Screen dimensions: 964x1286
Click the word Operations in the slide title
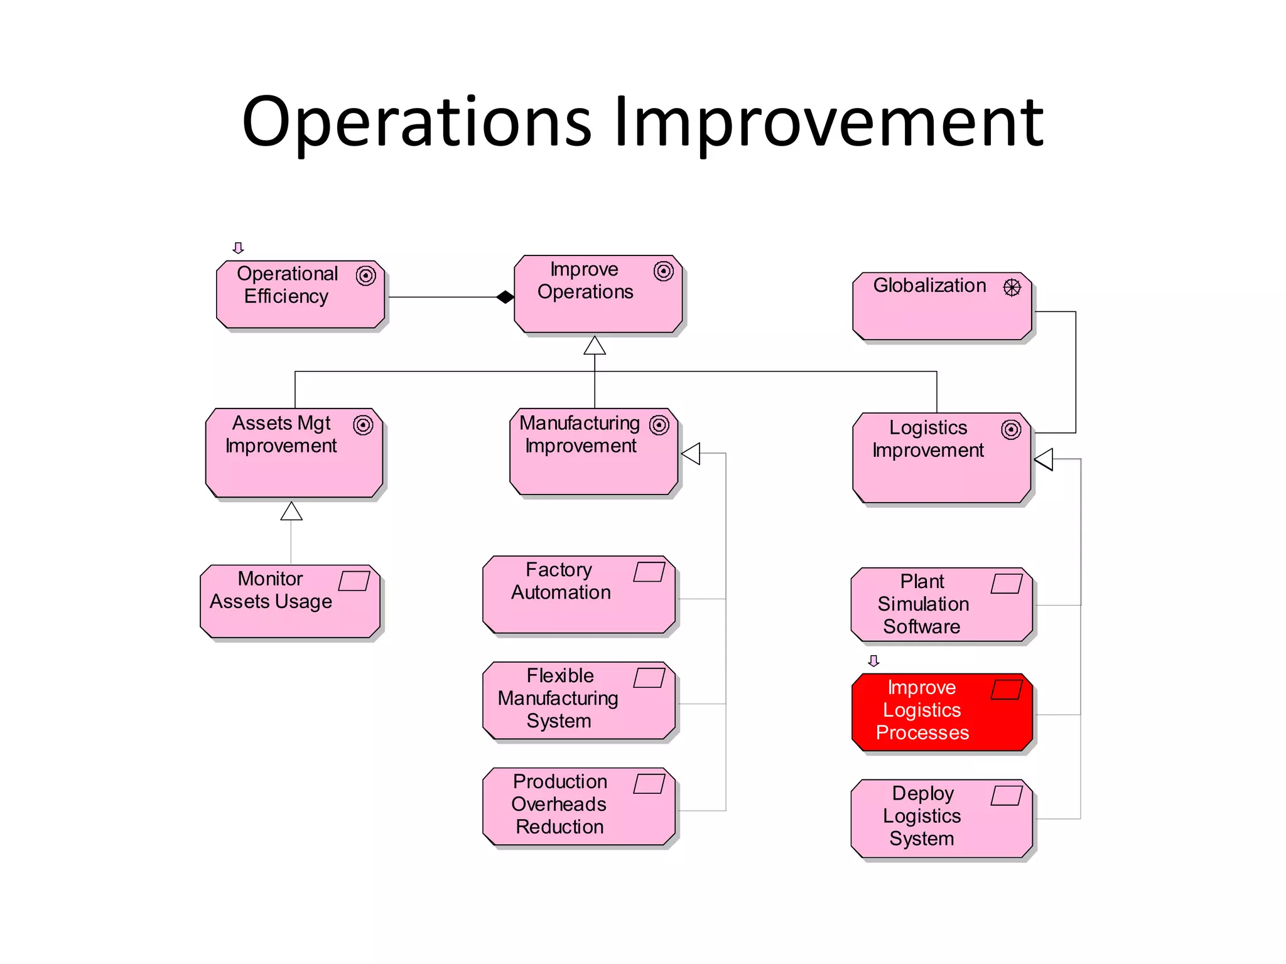[417, 122]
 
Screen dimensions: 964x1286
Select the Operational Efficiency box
[300, 294]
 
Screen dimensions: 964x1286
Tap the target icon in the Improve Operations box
[663, 271]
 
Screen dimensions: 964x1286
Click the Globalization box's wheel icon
[1012, 287]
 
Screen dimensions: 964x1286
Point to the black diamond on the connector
[505, 297]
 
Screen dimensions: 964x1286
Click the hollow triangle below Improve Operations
[594, 346]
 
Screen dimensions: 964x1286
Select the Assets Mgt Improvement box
[294, 453]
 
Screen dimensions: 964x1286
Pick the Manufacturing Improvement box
[593, 452]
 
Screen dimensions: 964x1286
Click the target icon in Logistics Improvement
[1010, 430]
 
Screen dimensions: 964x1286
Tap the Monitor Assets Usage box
[290, 601]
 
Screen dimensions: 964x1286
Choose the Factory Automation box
[578, 594]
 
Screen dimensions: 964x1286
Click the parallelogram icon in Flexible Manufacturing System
[649, 678]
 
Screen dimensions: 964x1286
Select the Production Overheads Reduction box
[578, 806]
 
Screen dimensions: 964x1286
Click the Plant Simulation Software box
[941, 605]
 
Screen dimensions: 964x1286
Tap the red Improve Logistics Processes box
[942, 712]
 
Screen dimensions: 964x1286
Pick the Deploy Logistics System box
[941, 818]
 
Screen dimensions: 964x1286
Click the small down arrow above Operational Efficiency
[238, 248]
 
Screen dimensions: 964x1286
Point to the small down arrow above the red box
[873, 661]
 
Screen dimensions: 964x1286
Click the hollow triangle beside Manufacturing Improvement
[691, 453]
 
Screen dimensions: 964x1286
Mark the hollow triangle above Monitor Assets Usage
[291, 511]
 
